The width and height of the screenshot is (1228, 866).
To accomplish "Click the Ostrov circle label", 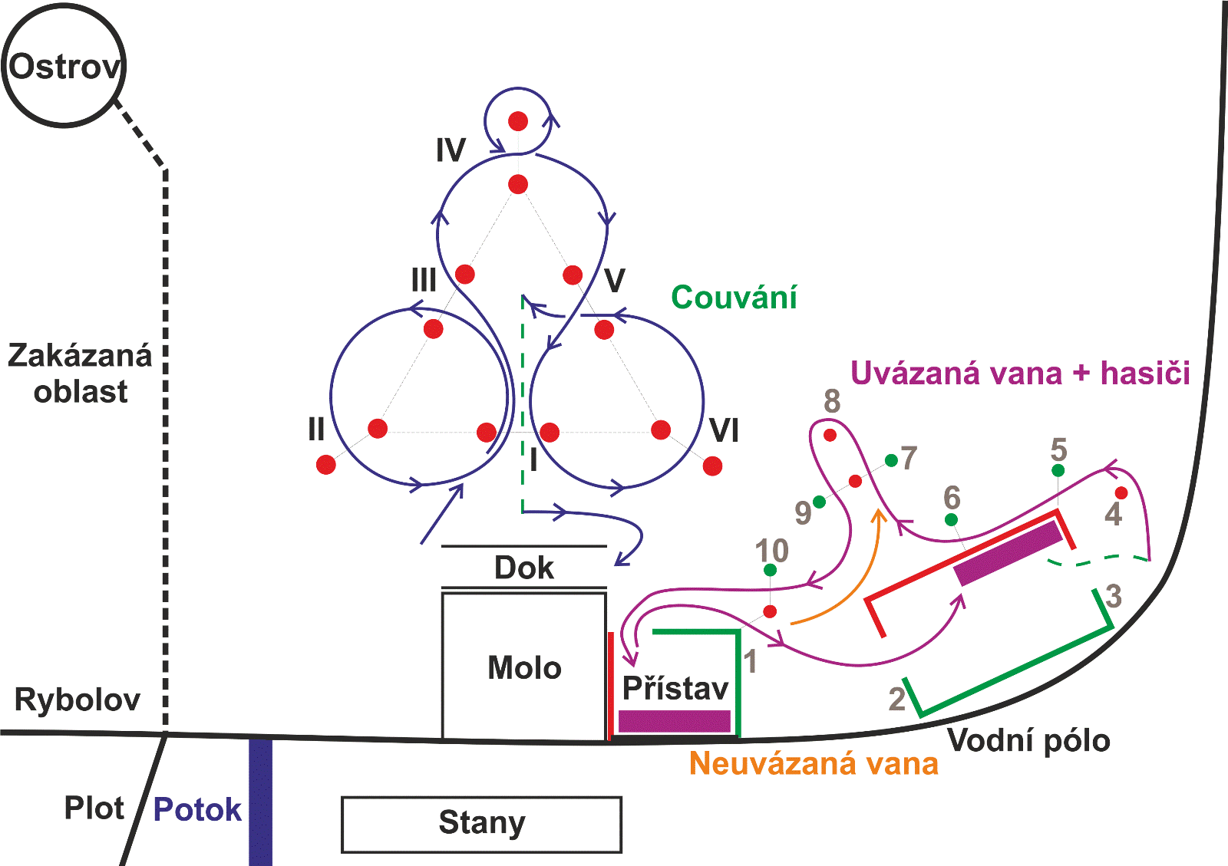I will (64, 67).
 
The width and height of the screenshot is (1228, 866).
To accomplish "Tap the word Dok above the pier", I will (523, 568).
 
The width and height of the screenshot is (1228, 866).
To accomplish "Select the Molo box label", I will (524, 667).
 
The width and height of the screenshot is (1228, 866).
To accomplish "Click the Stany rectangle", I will (481, 824).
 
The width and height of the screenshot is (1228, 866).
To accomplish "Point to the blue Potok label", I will (197, 809).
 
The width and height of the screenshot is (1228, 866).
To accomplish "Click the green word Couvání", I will (734, 298).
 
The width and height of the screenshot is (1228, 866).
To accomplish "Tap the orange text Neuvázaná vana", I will (814, 763).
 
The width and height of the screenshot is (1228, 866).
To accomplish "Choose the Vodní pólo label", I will (1028, 741).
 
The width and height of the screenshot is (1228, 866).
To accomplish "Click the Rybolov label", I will (78, 700).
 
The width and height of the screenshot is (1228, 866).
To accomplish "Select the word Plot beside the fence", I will (94, 808).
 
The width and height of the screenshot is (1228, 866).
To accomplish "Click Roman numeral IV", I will (451, 150).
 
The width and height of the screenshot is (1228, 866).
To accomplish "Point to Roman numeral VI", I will (724, 431).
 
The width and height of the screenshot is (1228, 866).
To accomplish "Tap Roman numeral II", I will (316, 430).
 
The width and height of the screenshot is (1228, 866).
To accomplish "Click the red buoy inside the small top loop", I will (518, 121).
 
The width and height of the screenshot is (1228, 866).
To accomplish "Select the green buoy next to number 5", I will (1058, 470).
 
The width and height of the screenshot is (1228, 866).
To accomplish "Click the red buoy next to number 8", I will (830, 435).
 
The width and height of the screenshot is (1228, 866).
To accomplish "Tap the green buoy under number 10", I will (770, 570).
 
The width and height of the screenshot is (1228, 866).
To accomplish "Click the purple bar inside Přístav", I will (674, 721).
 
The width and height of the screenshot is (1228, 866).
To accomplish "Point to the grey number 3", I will (1114, 596).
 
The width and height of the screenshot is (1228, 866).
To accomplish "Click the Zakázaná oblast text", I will (80, 374).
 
